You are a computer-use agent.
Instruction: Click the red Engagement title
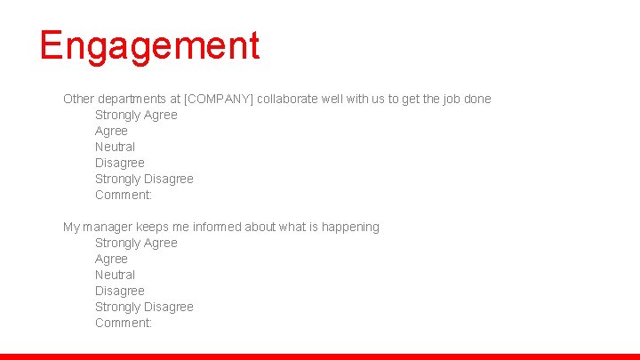point(149,45)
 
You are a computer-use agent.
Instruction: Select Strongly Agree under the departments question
point(136,115)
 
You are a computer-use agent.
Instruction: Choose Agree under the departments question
point(111,131)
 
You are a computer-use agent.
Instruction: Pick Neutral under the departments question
point(115,147)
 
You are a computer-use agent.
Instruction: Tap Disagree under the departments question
point(119,163)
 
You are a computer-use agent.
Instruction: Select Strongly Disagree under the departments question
point(144,179)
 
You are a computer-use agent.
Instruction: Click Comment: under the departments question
point(124,195)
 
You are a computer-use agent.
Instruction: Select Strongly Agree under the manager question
point(136,243)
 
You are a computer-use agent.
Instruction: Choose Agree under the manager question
point(111,259)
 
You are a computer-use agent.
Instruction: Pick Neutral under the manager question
point(115,275)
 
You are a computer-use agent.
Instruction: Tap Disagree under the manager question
point(119,291)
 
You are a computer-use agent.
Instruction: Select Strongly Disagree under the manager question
point(144,307)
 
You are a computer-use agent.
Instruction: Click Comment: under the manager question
point(124,323)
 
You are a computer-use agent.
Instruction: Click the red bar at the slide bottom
point(320,356)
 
